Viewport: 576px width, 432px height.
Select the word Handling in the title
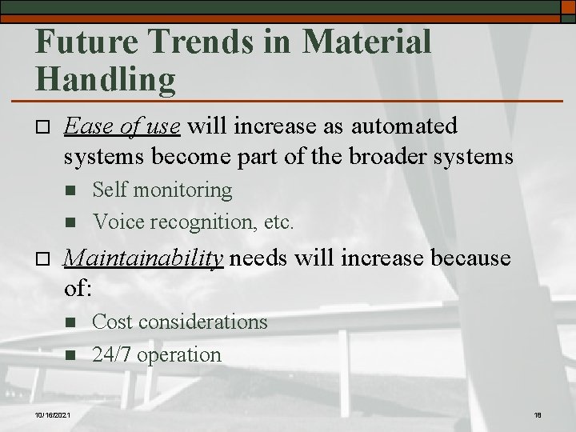coord(106,78)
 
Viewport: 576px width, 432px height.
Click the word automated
coord(397,126)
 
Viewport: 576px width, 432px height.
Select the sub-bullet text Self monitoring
coord(162,190)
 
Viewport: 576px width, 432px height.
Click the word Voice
coord(116,220)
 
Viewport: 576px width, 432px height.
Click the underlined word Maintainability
coord(142,258)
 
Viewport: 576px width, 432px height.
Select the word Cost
coord(113,322)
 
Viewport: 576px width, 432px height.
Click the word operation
coord(179,354)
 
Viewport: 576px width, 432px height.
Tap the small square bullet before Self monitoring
coord(70,191)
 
